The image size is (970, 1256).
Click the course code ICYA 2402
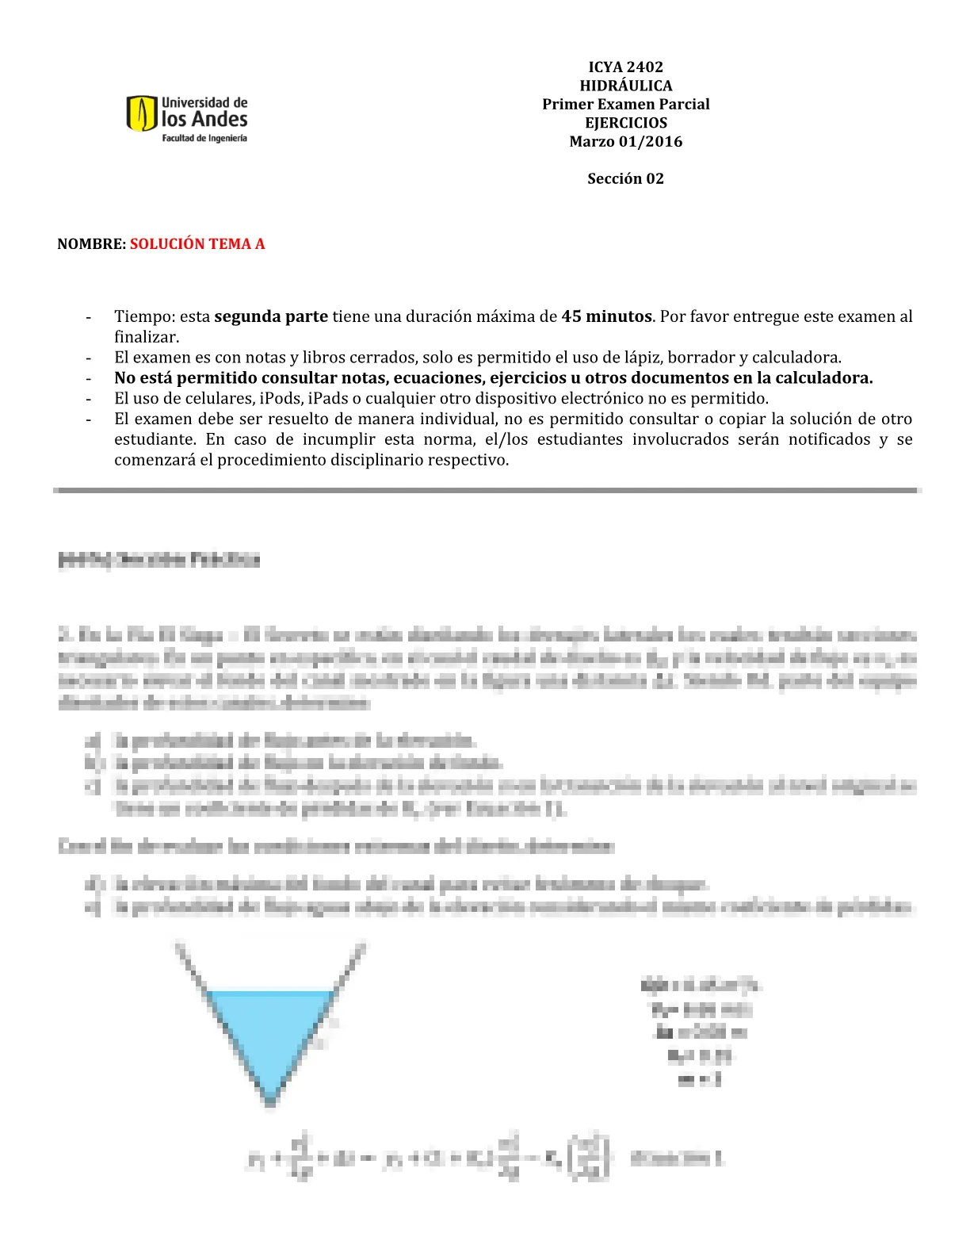click(625, 67)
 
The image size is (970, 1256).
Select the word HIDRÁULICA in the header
click(625, 86)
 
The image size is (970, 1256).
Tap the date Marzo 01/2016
click(625, 142)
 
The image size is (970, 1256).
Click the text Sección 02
click(625, 179)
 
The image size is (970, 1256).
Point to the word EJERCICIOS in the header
click(625, 123)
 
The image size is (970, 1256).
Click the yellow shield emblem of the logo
click(142, 113)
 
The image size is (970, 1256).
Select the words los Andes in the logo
click(204, 120)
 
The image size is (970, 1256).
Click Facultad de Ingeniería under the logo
click(204, 138)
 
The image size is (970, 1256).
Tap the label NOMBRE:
click(91, 244)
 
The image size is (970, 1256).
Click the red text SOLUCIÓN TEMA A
click(197, 244)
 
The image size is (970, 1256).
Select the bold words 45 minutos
click(606, 317)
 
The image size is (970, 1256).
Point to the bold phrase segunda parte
click(271, 317)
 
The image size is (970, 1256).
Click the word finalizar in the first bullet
click(145, 337)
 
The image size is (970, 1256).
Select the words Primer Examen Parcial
click(625, 105)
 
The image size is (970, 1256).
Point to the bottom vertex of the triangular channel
click(270, 1103)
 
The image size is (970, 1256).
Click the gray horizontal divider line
click(487, 491)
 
